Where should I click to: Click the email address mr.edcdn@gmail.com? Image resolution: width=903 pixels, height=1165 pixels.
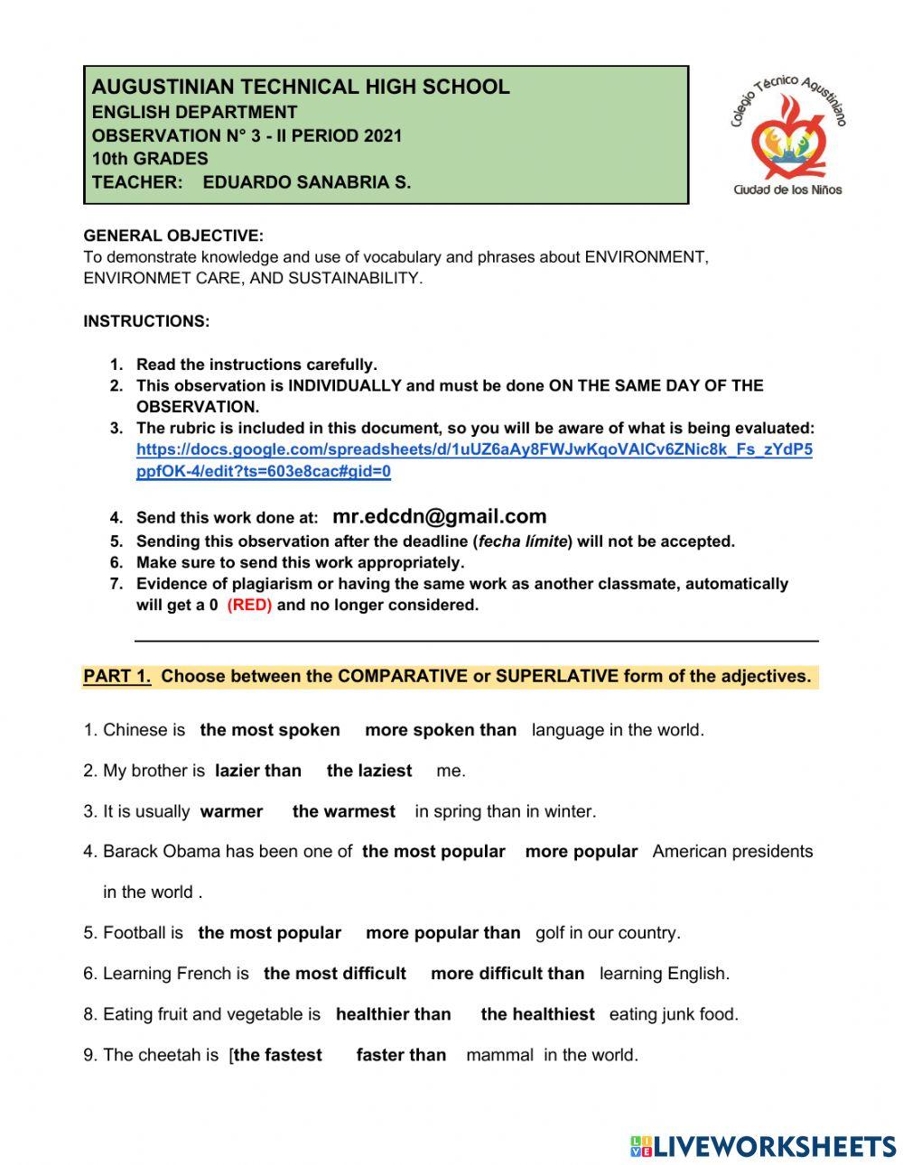click(440, 517)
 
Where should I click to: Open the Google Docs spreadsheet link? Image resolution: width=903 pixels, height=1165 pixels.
click(474, 460)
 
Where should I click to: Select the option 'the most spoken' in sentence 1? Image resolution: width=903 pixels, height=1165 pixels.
click(270, 730)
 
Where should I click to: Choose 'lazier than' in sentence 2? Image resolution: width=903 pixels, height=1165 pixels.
click(258, 771)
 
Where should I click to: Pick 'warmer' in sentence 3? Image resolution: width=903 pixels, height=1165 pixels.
click(231, 811)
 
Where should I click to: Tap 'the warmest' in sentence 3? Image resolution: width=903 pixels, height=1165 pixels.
click(344, 811)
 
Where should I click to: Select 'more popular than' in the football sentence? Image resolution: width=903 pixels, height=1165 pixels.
click(443, 933)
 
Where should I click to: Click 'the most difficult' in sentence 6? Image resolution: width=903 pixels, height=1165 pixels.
click(335, 974)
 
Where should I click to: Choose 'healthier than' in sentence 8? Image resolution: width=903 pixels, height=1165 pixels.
click(393, 1014)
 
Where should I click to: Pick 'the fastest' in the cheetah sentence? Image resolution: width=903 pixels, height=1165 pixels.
click(278, 1055)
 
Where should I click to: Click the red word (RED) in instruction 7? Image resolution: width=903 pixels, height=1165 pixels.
click(249, 606)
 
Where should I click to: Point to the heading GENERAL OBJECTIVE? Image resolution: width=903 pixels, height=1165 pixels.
click(173, 236)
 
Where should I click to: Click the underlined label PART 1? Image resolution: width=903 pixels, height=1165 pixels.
click(117, 676)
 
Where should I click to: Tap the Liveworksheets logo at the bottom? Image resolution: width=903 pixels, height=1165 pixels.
click(763, 1146)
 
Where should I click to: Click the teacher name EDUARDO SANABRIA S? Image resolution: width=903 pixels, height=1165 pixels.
click(307, 182)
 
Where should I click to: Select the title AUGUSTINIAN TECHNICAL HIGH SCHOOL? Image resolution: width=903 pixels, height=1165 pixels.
click(301, 88)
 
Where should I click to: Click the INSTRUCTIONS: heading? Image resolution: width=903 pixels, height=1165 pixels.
click(146, 321)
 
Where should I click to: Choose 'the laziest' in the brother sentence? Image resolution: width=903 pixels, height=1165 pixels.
click(369, 771)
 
